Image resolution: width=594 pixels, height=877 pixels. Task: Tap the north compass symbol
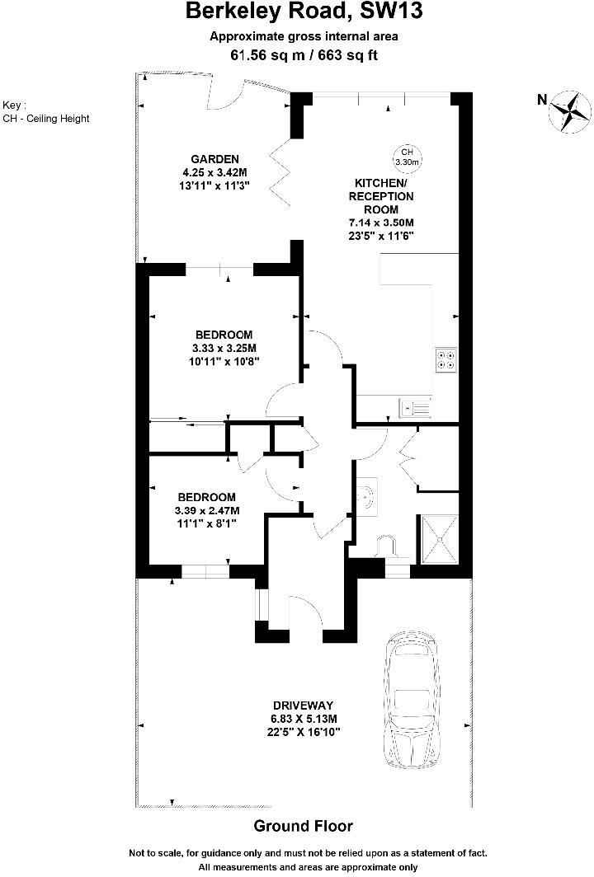pyautogui.click(x=568, y=110)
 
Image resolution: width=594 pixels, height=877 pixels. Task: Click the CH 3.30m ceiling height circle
pyautogui.click(x=407, y=157)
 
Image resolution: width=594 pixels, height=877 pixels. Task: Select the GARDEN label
pyautogui.click(x=214, y=159)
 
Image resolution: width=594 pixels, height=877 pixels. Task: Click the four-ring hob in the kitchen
pyautogui.click(x=446, y=359)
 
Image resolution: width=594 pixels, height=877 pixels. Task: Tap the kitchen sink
pyautogui.click(x=415, y=406)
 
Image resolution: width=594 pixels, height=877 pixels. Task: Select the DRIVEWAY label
pyautogui.click(x=303, y=706)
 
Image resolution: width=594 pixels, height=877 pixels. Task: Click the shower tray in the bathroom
pyautogui.click(x=441, y=539)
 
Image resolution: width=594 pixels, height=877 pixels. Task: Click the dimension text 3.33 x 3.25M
pyautogui.click(x=224, y=348)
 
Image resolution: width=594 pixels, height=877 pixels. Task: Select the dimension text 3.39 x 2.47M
pyautogui.click(x=207, y=511)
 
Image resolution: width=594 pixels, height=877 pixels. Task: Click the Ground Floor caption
pyautogui.click(x=303, y=826)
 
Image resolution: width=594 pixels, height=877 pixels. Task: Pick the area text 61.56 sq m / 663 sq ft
pyautogui.click(x=304, y=54)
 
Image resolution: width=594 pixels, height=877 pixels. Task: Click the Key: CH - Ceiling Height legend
pyautogui.click(x=46, y=112)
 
